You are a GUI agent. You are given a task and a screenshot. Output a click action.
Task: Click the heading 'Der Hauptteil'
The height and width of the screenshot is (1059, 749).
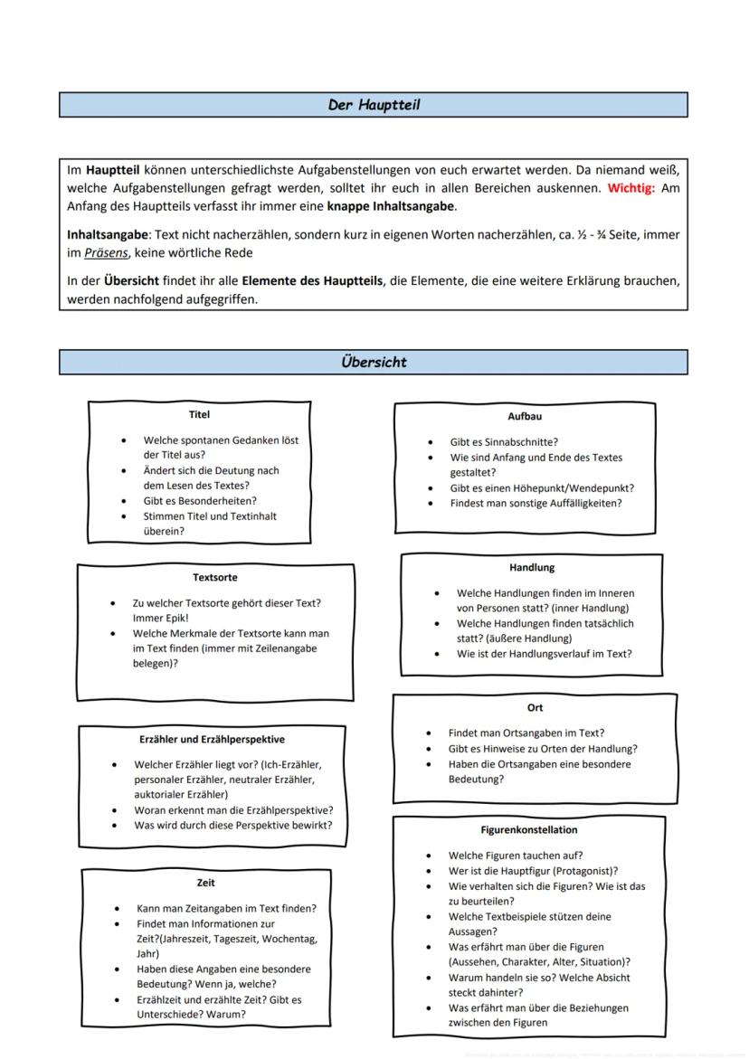373,105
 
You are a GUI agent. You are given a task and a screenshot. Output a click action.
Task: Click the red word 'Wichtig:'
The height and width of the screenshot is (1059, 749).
633,188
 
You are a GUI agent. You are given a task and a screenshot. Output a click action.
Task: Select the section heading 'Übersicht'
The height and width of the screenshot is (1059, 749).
373,362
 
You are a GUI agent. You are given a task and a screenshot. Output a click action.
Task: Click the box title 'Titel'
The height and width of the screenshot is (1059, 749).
199,415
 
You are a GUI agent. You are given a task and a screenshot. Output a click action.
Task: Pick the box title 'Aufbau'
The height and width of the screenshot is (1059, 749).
526,417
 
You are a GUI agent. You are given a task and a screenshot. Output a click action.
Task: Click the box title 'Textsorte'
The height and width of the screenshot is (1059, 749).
214,577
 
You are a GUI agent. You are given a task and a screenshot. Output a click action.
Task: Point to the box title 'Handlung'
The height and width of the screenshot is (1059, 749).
532,568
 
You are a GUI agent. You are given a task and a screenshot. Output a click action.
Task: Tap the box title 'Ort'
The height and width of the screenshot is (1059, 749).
535,708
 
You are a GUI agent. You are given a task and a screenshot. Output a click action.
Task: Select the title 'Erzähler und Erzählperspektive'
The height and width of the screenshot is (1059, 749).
212,740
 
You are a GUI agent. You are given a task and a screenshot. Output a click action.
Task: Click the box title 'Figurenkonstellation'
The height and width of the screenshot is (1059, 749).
529,829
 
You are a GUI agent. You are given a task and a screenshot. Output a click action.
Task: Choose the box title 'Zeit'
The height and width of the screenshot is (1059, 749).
205,883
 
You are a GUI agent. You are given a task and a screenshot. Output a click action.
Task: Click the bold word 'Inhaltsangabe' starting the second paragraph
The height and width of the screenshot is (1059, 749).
105,235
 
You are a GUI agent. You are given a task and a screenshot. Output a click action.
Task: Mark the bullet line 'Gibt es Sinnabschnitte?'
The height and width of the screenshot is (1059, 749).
504,442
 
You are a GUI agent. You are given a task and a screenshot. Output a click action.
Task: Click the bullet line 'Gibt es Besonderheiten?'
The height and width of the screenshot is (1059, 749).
200,501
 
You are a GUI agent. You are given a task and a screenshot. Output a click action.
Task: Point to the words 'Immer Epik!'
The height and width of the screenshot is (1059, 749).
160,618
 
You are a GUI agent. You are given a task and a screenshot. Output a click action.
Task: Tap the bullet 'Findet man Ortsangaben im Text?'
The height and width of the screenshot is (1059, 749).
526,733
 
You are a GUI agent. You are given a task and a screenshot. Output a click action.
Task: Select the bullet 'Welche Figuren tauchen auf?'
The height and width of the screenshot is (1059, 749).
516,856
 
